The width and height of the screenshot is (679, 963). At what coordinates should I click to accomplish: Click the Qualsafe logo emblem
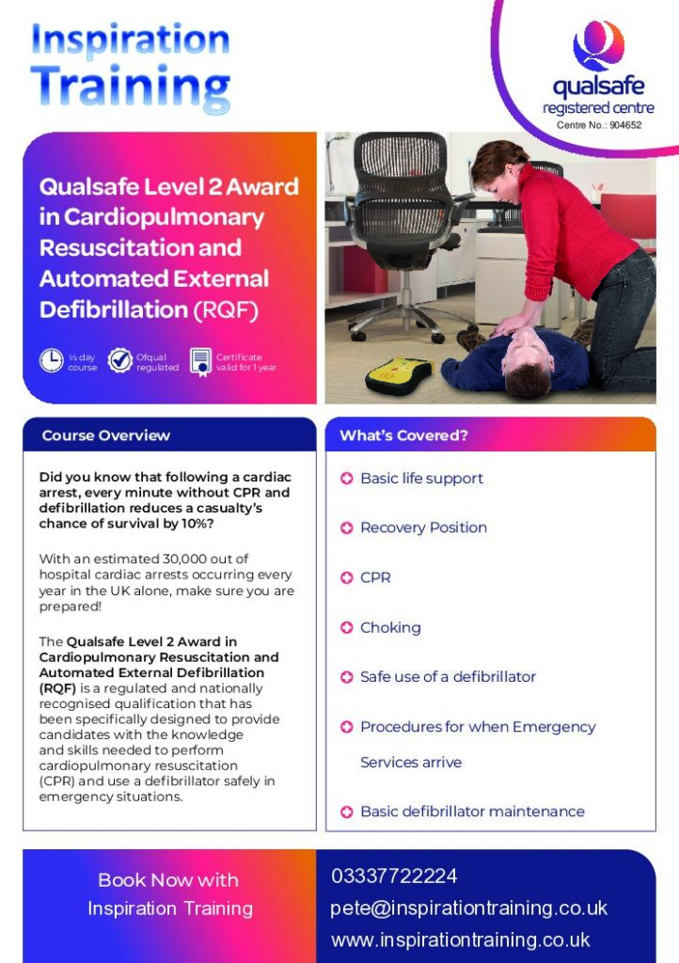pyautogui.click(x=598, y=45)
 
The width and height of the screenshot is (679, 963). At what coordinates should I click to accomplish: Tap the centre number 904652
pyautogui.click(x=625, y=125)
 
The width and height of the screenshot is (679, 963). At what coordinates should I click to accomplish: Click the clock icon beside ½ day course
pyautogui.click(x=52, y=360)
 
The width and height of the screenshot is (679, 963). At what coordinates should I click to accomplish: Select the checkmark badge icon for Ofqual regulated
pyautogui.click(x=120, y=360)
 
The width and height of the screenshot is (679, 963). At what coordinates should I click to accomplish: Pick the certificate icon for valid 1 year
pyautogui.click(x=200, y=362)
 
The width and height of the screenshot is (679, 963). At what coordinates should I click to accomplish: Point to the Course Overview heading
pyautogui.click(x=106, y=435)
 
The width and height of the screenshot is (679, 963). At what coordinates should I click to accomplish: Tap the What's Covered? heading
pyautogui.click(x=404, y=435)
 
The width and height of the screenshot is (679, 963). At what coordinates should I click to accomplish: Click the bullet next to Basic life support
pyautogui.click(x=347, y=479)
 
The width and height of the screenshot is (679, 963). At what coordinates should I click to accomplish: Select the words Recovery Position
pyautogui.click(x=423, y=528)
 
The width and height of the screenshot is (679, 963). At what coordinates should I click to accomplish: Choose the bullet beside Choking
pyautogui.click(x=347, y=627)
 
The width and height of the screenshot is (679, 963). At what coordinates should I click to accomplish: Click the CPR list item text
pyautogui.click(x=376, y=577)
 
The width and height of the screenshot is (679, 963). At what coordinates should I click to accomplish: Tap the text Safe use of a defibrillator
pyautogui.click(x=449, y=677)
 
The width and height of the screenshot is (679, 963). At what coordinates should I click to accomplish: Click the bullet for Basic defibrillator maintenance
pyautogui.click(x=347, y=812)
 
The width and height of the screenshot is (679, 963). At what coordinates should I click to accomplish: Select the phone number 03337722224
pyautogui.click(x=394, y=876)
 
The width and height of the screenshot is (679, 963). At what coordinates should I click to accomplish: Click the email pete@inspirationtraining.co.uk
pyautogui.click(x=469, y=908)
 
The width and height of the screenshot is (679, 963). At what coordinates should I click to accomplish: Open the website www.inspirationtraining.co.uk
pyautogui.click(x=461, y=939)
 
